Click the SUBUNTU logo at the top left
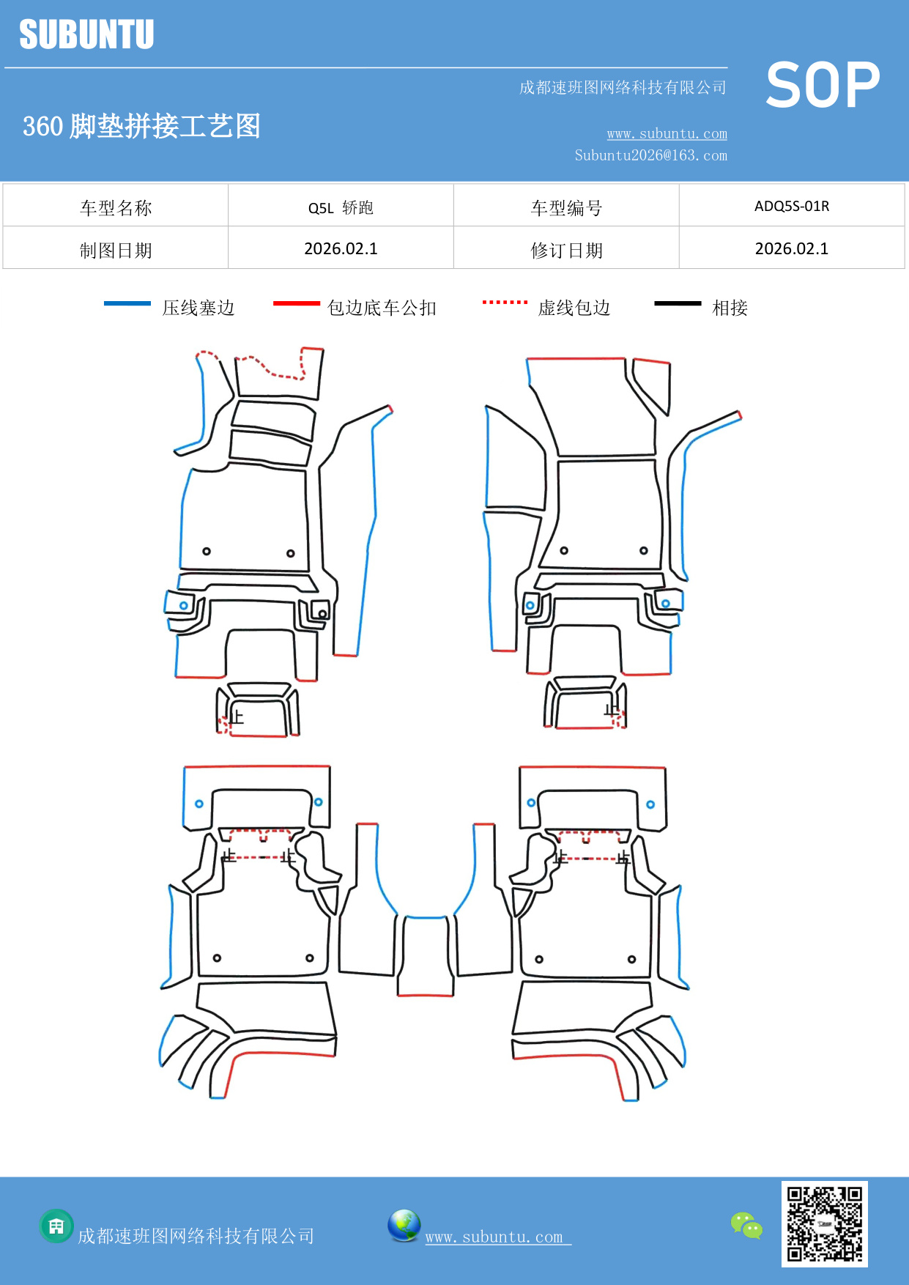pos(86,34)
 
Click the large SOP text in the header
pos(822,86)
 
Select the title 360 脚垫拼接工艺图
pos(141,126)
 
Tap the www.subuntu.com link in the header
pos(667,133)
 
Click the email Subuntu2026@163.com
pos(650,155)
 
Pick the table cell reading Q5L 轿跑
pos(341,207)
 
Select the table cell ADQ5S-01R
pos(791,206)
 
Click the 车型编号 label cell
pos(565,208)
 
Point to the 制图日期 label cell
pos(116,250)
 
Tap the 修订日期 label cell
pos(565,250)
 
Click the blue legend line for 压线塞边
pos(127,303)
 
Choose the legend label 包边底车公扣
pos(381,308)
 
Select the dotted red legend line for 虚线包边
pos(505,302)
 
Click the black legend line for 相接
pos(677,303)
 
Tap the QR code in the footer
pos(824,1223)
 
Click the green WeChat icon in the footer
pos(746,1226)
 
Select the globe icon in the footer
pos(404,1225)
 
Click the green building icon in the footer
pos(56,1226)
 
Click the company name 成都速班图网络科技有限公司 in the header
pos(622,88)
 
